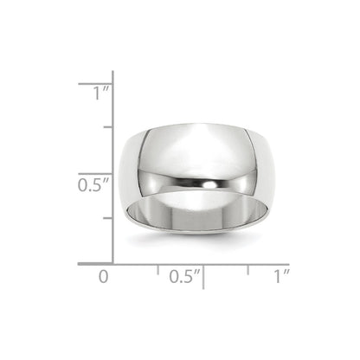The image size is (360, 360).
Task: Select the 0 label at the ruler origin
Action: (103, 277)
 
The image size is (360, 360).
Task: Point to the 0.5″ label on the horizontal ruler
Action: (183, 277)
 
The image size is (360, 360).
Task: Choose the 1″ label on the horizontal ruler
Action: (280, 277)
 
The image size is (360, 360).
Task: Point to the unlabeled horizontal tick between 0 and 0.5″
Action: (157, 269)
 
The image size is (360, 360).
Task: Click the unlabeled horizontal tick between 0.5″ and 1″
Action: (248, 269)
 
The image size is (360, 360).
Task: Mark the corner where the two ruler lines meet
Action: (112, 263)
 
